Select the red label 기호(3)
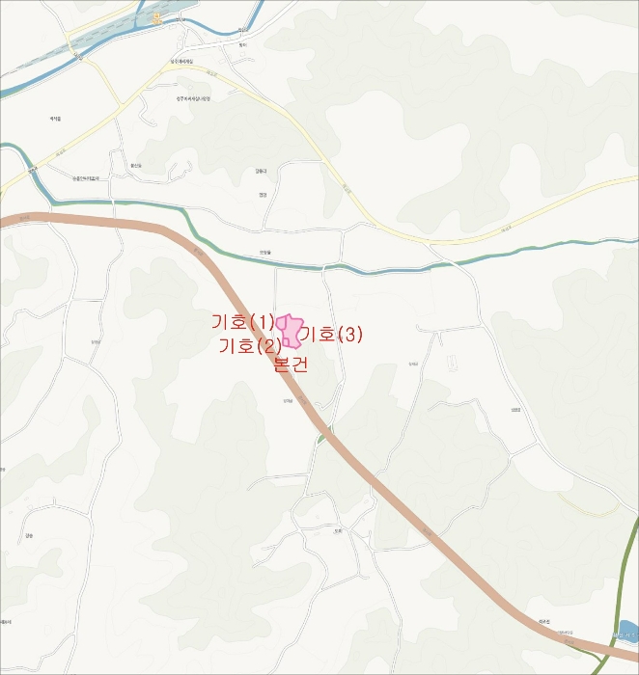tap(330, 335)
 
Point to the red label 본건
tap(291, 364)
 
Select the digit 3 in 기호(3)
tap(350, 335)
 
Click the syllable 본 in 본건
tap(282, 364)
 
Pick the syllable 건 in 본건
tap(299, 364)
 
